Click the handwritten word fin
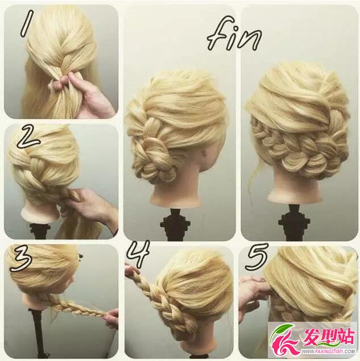point(234,34)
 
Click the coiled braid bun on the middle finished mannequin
point(156,161)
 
